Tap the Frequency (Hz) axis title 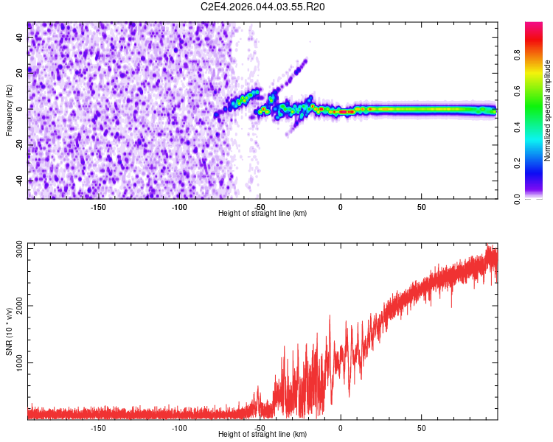[10, 110]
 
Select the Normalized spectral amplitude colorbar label [548, 110]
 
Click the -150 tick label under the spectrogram [98, 207]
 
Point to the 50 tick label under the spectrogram [421, 207]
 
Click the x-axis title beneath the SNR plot [262, 435]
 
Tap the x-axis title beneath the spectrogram [262, 214]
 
